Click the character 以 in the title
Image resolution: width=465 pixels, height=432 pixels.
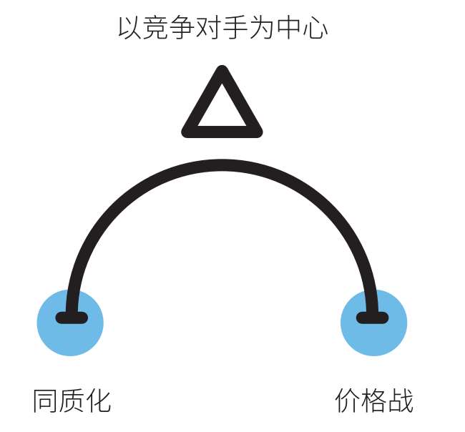(129, 28)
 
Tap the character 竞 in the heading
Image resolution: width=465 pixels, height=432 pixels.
(156, 28)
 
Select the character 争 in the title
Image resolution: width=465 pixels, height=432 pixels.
(182, 28)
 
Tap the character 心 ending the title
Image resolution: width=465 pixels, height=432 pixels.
(315, 29)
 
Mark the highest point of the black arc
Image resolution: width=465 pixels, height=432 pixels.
(222, 165)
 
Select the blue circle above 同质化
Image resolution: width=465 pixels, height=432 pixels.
(70, 323)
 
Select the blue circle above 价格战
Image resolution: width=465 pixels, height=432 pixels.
(373, 323)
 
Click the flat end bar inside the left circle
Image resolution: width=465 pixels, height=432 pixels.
(72, 318)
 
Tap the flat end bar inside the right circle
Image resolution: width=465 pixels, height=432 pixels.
(372, 318)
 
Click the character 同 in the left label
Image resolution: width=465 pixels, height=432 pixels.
(45, 401)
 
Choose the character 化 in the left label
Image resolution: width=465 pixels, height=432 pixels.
(99, 401)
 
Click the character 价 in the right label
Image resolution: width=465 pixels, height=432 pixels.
(347, 401)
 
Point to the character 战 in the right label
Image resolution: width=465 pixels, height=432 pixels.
(401, 401)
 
